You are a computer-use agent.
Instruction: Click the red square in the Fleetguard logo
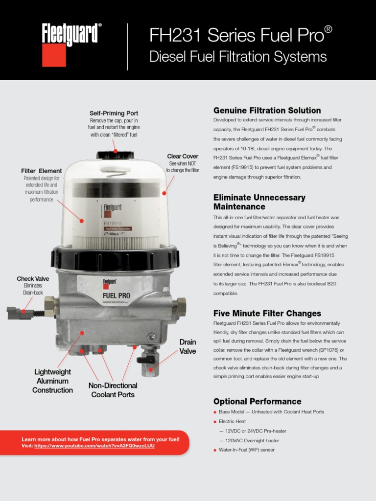(x=54, y=55)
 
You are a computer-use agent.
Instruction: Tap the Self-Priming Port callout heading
(x=114, y=113)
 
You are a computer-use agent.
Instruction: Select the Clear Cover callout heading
(x=183, y=156)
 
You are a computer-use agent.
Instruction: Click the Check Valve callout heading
(x=33, y=278)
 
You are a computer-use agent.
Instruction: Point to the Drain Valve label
(x=188, y=346)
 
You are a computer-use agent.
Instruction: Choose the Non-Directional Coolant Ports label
(x=113, y=390)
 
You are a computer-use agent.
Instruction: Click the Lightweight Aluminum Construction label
(x=52, y=381)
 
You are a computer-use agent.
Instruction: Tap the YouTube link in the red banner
(x=94, y=445)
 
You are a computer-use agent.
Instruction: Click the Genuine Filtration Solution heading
(x=267, y=111)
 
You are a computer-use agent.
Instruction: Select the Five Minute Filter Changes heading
(x=267, y=314)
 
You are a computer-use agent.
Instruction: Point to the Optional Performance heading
(x=258, y=401)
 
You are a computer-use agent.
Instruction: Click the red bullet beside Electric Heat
(x=215, y=422)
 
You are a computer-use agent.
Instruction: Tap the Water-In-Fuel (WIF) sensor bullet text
(x=247, y=450)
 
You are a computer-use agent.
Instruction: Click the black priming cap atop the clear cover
(x=115, y=155)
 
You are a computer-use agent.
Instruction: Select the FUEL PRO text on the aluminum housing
(x=117, y=296)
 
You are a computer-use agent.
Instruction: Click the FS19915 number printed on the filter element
(x=113, y=223)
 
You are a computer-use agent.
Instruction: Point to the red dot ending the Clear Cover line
(x=164, y=193)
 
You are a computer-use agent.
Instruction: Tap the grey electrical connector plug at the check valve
(x=20, y=313)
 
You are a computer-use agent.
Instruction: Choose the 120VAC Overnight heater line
(x=252, y=441)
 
